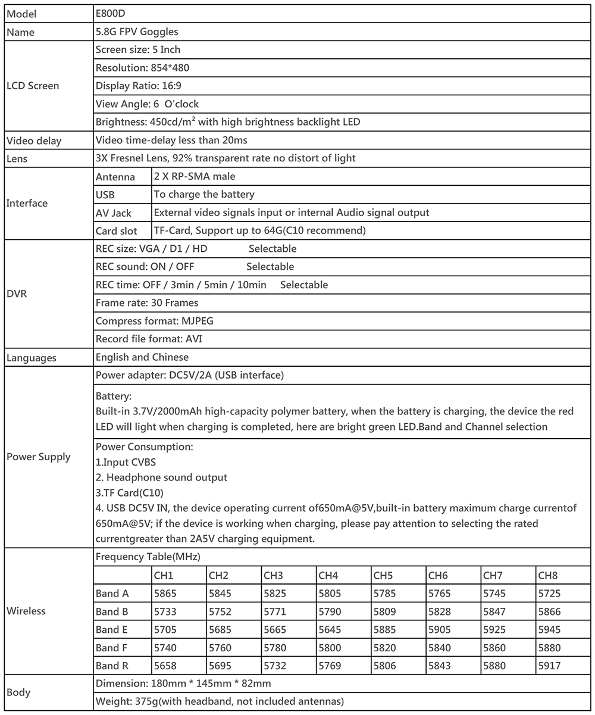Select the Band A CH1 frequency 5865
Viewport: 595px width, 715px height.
point(165,594)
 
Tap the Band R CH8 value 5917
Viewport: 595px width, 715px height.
point(549,666)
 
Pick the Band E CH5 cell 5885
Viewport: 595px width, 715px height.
point(384,629)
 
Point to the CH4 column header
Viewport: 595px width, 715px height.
point(328,576)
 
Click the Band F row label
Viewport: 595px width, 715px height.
point(112,648)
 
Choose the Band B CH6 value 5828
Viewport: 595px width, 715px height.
point(439,611)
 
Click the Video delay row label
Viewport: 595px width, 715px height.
point(34,141)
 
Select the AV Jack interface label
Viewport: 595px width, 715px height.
point(113,213)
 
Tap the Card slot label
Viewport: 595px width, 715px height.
point(116,231)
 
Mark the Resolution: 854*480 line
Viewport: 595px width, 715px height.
point(142,68)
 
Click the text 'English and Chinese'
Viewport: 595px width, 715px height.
point(142,357)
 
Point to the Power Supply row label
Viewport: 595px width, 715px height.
point(38,457)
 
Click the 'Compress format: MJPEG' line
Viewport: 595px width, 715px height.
point(154,321)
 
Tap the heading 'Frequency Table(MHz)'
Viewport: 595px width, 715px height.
point(148,557)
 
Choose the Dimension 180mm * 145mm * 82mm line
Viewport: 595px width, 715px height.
point(183,683)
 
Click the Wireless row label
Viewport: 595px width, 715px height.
point(26,611)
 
